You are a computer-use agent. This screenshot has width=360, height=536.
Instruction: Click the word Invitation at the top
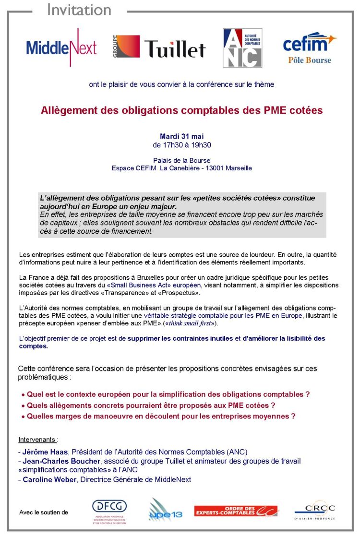(79, 10)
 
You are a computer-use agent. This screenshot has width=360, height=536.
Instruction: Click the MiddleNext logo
(61, 48)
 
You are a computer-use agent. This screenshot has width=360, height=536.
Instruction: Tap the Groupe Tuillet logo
(159, 48)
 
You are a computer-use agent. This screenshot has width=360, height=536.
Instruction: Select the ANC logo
(242, 48)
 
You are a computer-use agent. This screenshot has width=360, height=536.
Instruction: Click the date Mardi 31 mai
(181, 137)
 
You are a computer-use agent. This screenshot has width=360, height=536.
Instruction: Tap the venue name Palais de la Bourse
(181, 160)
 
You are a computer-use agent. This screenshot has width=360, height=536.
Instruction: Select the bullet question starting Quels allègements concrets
(151, 405)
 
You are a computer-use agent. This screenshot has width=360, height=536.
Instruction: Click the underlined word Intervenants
(37, 440)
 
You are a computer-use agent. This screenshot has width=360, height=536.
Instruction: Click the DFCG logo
(109, 510)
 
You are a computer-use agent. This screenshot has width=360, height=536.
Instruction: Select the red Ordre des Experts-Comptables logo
(236, 511)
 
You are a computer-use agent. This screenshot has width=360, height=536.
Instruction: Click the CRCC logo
(314, 510)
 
